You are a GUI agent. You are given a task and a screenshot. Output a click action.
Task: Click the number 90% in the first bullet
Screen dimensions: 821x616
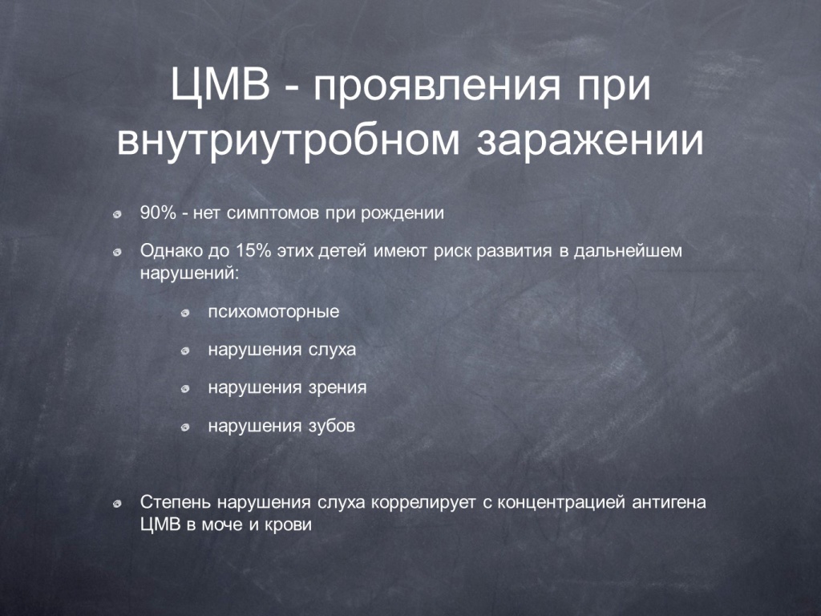[158, 213]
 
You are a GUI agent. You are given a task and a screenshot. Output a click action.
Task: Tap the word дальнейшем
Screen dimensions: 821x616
[628, 251]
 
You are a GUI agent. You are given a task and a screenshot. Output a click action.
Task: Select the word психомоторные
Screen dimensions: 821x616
[274, 312]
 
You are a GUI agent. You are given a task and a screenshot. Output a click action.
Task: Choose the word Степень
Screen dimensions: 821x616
[174, 502]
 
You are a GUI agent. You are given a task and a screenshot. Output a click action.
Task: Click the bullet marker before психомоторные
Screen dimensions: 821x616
[185, 314]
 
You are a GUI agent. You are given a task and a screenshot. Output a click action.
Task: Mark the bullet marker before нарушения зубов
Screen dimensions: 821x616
[185, 428]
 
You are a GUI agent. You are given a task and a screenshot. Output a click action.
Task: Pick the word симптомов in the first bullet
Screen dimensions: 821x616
[273, 213]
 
